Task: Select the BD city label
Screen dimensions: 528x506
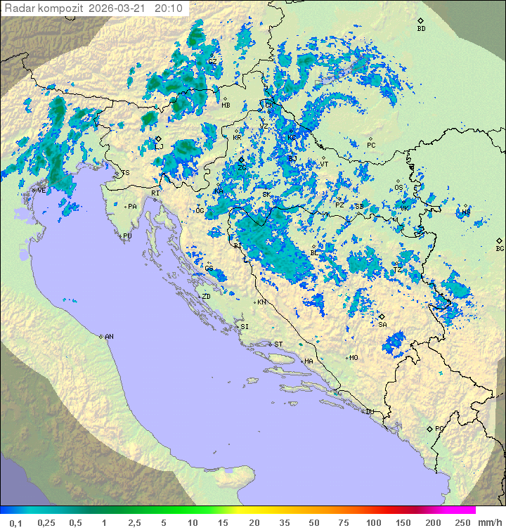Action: tap(421, 29)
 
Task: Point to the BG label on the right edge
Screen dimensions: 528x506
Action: tap(500, 248)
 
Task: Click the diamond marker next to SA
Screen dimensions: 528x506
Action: tap(382, 316)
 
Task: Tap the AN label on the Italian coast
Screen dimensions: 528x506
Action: tap(109, 337)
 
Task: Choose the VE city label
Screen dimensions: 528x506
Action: tap(41, 190)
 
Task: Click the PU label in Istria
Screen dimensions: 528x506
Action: tap(127, 236)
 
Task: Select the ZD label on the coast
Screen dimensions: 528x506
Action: tap(206, 297)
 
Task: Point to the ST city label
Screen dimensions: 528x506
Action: tap(278, 345)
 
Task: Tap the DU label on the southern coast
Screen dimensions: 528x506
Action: tap(370, 412)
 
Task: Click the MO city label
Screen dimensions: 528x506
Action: tap(353, 358)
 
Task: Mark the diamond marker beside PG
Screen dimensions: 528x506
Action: tap(429, 428)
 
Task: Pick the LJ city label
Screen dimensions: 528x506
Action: tap(160, 146)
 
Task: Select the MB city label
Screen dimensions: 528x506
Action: tap(226, 105)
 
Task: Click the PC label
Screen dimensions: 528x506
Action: tap(371, 145)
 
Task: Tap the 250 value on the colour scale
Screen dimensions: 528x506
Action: tap(462, 522)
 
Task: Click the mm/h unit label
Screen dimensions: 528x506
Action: tap(489, 522)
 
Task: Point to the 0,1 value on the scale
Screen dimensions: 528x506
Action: tap(15, 522)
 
